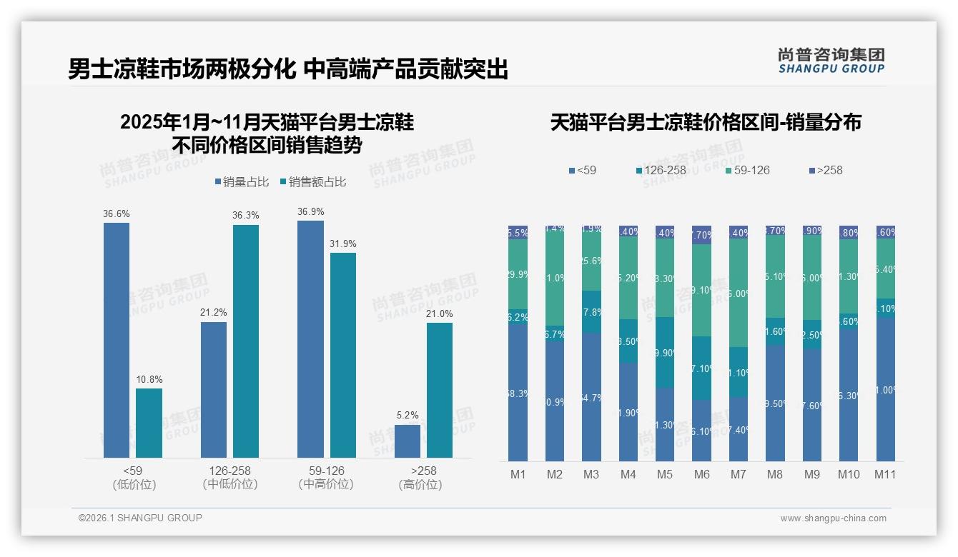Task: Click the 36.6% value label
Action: [117, 214]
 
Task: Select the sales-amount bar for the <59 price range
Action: [149, 423]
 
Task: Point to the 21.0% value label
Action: [440, 313]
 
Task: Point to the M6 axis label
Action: [701, 474]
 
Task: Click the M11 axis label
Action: [885, 474]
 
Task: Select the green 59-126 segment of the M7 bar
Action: [739, 293]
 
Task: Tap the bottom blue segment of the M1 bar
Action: [518, 392]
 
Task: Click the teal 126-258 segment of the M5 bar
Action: [665, 352]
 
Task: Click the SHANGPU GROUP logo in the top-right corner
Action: [831, 60]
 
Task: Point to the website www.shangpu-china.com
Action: [833, 518]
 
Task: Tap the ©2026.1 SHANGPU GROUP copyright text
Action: [140, 518]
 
